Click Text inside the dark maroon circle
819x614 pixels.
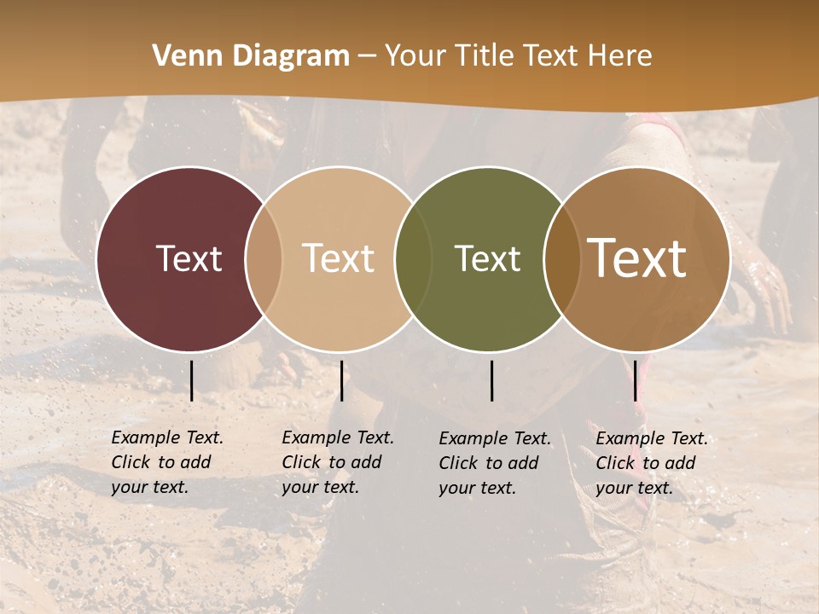point(189,258)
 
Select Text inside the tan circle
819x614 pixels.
point(339,258)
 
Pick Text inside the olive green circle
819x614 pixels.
point(487,258)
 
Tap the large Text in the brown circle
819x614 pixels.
point(637,258)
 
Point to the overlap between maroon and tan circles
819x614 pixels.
point(264,258)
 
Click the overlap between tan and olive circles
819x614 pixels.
point(413,258)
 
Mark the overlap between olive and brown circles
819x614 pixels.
point(562,258)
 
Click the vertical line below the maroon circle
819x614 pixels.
point(191,380)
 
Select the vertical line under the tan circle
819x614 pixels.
point(341,380)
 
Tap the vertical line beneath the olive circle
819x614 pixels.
point(491,380)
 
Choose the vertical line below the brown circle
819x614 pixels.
point(635,380)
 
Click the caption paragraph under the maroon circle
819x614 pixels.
point(166,462)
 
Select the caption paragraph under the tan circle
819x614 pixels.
point(337,462)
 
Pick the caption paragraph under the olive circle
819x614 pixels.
point(494,463)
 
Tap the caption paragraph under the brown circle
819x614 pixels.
point(651,463)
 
